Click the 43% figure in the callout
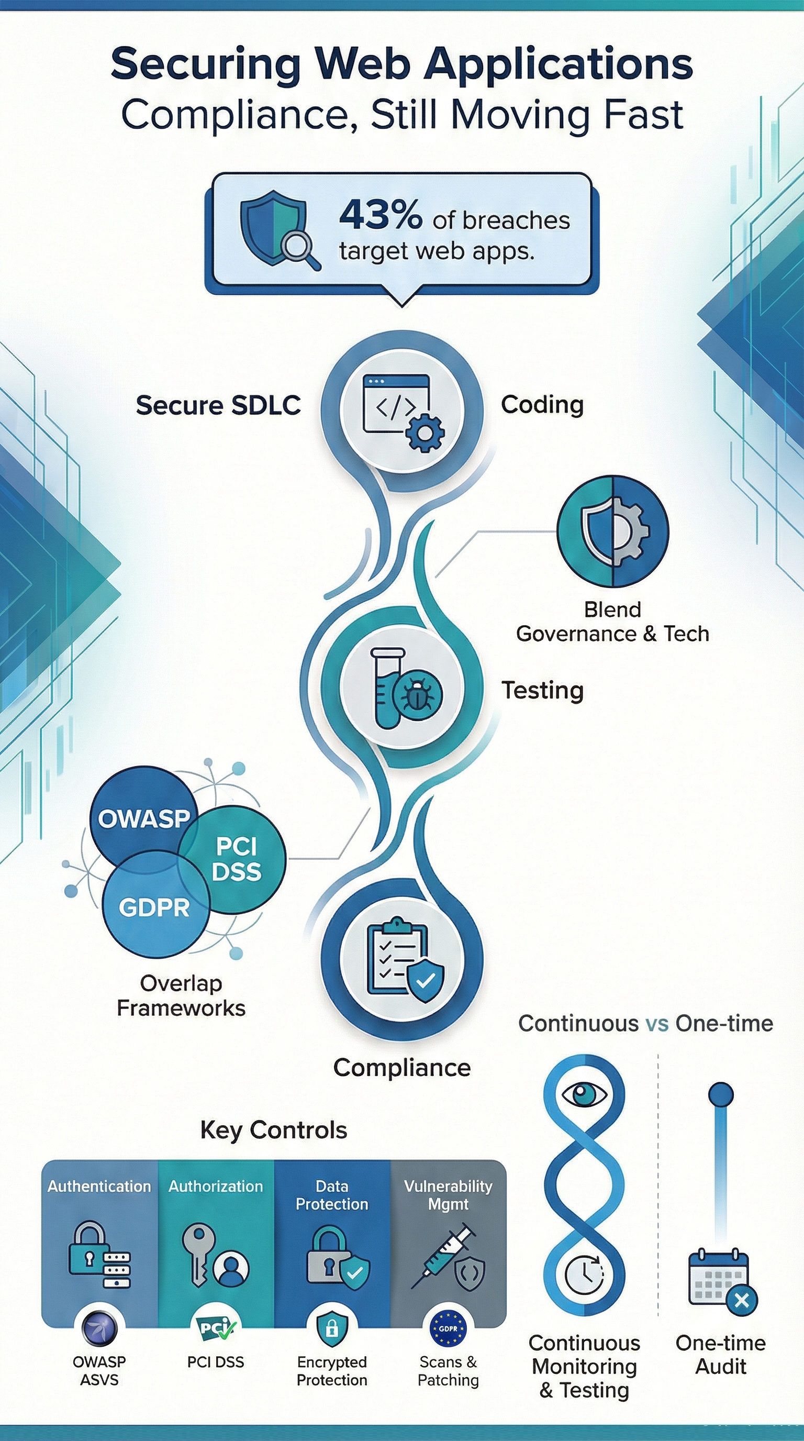pos(380,215)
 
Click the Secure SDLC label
pos(218,405)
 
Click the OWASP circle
pos(144,818)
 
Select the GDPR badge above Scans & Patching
pos(448,1328)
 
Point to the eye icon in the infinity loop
pos(584,1093)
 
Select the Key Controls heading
pos(274,1129)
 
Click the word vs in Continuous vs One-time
pos(656,1023)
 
